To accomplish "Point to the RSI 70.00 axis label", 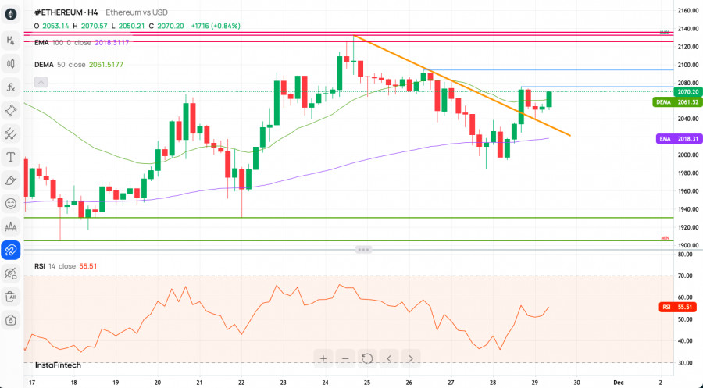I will [x=687, y=276].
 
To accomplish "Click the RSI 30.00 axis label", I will [x=687, y=363].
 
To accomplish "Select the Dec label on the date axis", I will [x=618, y=383].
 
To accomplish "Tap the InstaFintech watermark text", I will [x=58, y=365].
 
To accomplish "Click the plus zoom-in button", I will [x=323, y=358].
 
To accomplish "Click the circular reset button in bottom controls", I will [x=366, y=358].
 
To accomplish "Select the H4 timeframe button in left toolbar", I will [x=11, y=40].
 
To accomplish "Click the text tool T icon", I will [x=11, y=157].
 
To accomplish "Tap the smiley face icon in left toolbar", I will [x=11, y=203].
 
